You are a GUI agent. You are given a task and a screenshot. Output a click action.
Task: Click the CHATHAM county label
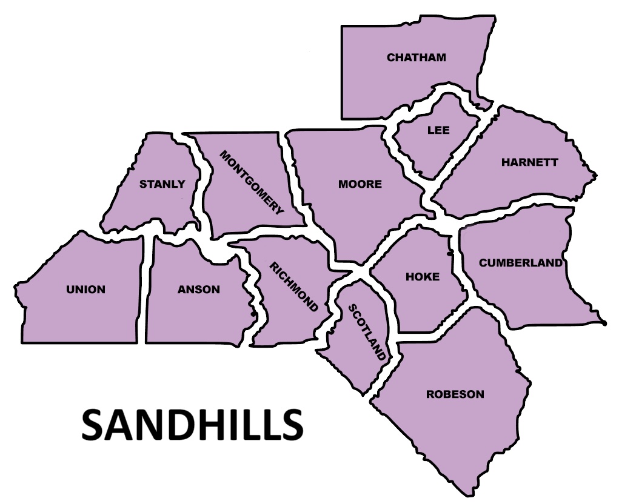(x=416, y=58)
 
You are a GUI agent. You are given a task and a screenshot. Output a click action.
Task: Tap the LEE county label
(x=438, y=130)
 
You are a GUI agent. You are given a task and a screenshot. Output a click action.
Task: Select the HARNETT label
(x=529, y=162)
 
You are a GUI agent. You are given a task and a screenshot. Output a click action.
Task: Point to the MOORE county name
(x=360, y=184)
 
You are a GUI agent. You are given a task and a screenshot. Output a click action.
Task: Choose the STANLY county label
(x=162, y=184)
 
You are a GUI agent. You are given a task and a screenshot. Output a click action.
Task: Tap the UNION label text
(x=85, y=290)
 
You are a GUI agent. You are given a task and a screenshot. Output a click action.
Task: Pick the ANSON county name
(x=199, y=290)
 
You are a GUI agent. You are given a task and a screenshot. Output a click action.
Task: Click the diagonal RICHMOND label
(x=293, y=287)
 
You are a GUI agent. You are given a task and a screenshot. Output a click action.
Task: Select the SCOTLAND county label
(x=367, y=332)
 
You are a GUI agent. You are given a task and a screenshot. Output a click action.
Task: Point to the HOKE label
(x=423, y=277)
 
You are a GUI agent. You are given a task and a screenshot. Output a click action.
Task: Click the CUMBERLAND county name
(x=520, y=263)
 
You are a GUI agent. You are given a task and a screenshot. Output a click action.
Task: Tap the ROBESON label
(x=455, y=394)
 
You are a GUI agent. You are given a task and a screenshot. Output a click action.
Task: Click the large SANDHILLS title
(x=192, y=424)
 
